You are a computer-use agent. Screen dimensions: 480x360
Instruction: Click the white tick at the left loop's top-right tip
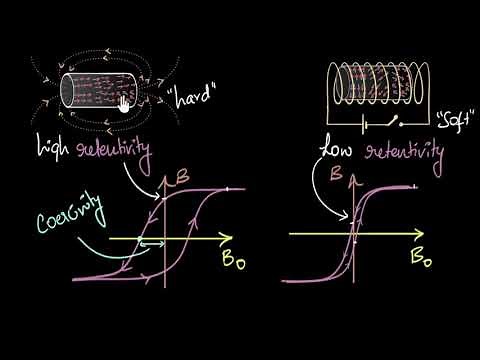pos(227,189)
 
